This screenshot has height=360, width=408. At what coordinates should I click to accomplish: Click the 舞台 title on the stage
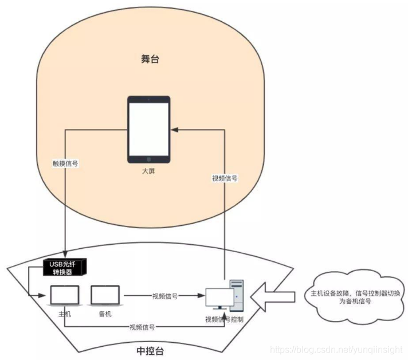(151, 58)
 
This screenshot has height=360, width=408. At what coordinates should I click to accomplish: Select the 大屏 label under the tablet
(148, 171)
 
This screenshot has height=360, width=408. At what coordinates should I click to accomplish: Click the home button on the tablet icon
(148, 159)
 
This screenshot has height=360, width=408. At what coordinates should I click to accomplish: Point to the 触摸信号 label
(65, 163)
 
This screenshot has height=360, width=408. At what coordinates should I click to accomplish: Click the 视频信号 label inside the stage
(225, 178)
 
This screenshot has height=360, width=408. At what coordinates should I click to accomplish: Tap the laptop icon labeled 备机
(104, 296)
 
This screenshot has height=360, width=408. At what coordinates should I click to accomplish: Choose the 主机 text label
(64, 315)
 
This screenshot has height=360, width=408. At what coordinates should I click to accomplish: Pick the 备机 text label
(105, 315)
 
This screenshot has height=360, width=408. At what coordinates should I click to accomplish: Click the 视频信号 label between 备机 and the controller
(164, 296)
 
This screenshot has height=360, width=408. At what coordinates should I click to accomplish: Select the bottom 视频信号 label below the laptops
(142, 327)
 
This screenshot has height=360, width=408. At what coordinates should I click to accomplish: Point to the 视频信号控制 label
(225, 319)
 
